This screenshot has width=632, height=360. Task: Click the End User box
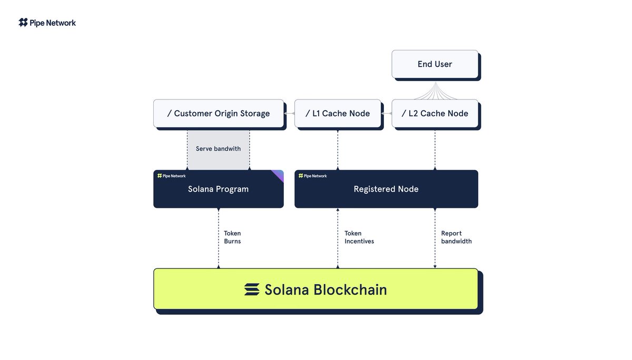click(435, 64)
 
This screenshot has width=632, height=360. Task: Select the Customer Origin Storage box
click(219, 114)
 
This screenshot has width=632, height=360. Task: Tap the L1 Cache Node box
click(338, 114)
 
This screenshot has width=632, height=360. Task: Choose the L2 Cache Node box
click(435, 114)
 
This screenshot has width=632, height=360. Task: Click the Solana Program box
click(219, 189)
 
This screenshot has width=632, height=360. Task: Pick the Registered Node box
click(386, 189)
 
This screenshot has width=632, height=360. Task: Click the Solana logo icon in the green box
click(252, 289)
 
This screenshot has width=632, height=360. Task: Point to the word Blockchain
click(350, 289)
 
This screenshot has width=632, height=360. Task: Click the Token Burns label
click(232, 237)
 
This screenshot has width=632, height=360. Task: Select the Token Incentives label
click(359, 237)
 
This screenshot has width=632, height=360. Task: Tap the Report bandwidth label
click(456, 237)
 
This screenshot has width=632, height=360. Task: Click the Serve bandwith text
click(218, 149)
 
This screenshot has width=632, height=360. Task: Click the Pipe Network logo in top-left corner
click(47, 23)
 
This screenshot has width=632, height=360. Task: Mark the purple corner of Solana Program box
click(279, 174)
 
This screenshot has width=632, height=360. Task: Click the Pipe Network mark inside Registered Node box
click(313, 176)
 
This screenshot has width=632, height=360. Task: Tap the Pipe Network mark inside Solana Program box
click(172, 176)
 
